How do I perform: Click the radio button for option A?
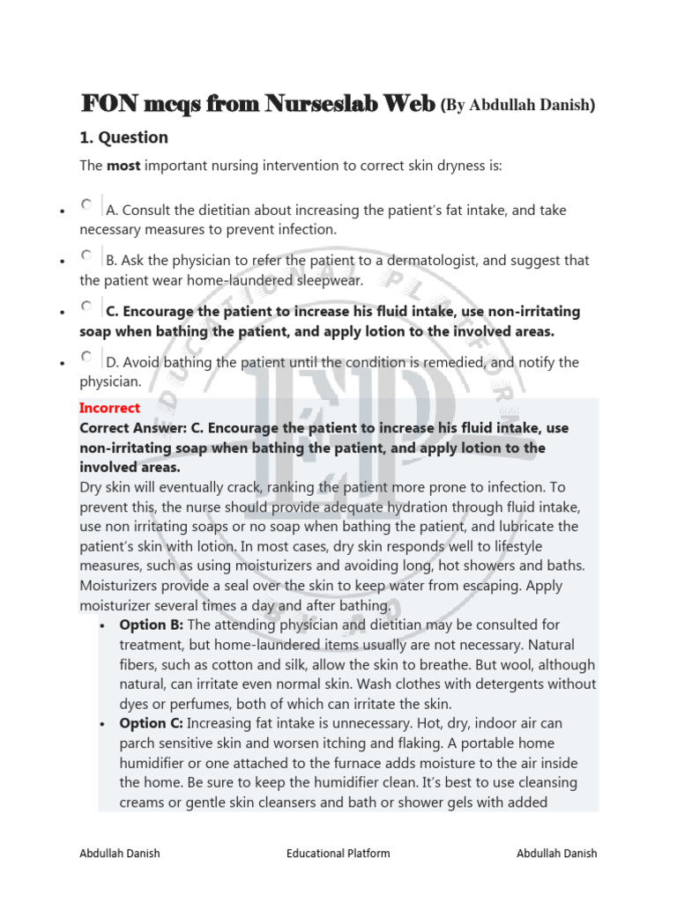86,204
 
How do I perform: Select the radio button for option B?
86,255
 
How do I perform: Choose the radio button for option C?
86,307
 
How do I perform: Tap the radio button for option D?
86,357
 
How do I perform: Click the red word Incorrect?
109,408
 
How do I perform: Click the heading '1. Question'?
123,137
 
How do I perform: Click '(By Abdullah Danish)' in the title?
517,106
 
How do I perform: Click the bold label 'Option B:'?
152,625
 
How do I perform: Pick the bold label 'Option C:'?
152,723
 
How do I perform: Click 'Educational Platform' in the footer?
338,853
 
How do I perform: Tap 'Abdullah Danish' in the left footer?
120,853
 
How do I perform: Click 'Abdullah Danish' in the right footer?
556,853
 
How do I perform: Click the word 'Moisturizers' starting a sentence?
121,586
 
